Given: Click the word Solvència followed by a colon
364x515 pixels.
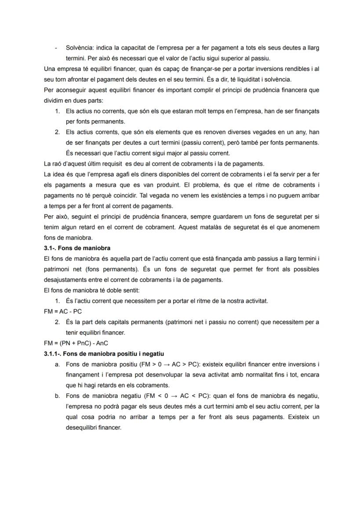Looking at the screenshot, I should (80, 48).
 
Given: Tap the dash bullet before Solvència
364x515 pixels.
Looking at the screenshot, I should (56, 48).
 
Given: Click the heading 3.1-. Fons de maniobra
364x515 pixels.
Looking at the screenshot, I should (77, 248).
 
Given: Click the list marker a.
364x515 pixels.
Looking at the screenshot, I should (57, 365).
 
